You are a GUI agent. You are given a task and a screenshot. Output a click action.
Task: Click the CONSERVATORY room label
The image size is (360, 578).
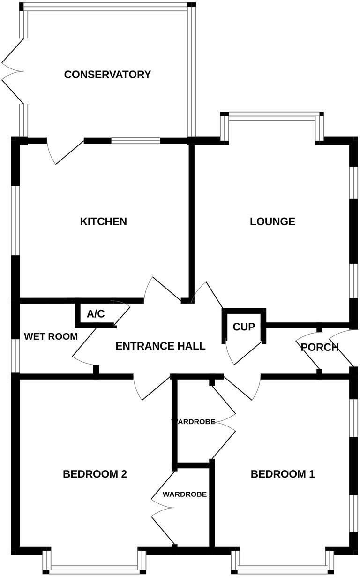107,74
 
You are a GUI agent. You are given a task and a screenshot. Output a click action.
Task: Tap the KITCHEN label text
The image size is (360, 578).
103,221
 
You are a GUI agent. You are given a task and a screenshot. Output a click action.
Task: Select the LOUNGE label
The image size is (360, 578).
272,221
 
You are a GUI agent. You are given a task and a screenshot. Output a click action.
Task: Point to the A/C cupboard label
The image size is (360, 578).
96,314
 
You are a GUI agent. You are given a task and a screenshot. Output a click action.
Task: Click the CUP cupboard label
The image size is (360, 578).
243,327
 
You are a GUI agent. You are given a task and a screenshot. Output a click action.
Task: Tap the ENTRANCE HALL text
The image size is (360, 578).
160,346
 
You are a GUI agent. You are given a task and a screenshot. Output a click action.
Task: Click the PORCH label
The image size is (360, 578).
319,347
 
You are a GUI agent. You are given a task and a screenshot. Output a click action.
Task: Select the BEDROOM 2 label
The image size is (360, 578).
95,474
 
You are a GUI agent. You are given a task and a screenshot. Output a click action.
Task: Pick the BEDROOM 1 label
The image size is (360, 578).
283,474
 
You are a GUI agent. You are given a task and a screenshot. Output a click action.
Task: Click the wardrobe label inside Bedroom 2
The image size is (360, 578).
185,494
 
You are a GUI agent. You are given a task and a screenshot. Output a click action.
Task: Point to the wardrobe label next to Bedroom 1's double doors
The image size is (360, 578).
193,421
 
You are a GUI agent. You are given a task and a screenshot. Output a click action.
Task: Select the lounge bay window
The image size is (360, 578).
272,114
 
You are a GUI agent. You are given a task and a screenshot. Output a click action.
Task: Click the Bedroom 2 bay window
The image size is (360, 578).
95,569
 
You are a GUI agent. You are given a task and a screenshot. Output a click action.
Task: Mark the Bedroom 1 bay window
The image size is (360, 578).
283,569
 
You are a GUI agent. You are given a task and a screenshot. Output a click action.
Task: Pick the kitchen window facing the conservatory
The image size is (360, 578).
135,140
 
